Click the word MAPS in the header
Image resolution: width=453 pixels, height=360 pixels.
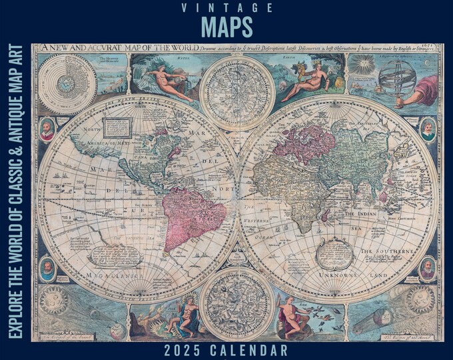[x=226, y=27]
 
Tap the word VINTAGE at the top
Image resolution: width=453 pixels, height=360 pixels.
[x=226, y=8]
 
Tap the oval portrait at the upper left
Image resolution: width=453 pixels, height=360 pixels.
[x=47, y=129]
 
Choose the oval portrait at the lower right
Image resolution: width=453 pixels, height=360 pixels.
[x=427, y=268]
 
